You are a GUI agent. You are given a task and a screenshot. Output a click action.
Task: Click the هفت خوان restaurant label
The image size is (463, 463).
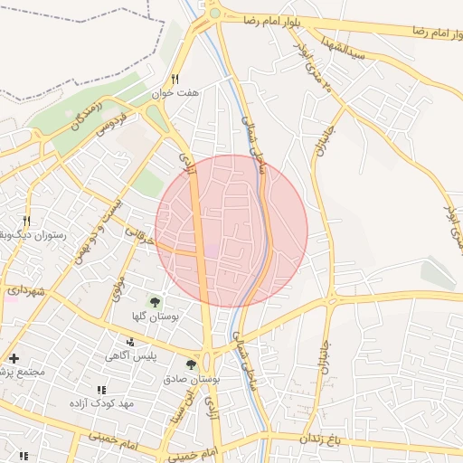[x=200, y=92]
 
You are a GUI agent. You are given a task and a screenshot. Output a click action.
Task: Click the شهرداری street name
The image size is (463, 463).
[x=22, y=290]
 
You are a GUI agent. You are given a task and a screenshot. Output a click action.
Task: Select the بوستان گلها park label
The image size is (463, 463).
[x=155, y=317]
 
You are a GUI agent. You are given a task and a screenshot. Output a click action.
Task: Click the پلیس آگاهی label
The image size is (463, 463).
[x=132, y=356]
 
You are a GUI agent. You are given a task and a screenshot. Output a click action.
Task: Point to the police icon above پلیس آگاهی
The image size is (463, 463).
[x=132, y=343]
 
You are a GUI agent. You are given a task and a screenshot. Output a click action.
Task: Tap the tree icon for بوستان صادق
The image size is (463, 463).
[x=191, y=364]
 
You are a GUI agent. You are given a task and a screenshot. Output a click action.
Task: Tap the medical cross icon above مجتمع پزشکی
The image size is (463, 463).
[x=14, y=359]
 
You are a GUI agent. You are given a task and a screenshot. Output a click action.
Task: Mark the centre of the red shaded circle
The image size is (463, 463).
[x=231, y=231]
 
